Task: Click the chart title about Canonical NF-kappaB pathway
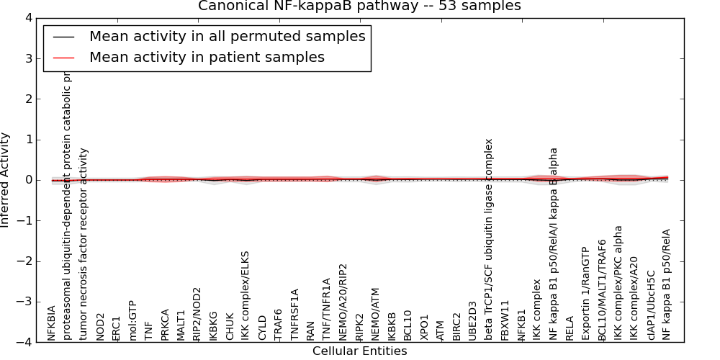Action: click(x=360, y=6)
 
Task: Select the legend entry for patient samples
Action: click(x=207, y=57)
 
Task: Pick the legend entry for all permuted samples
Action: click(x=227, y=36)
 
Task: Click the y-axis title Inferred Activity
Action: click(x=6, y=180)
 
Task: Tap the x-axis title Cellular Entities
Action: click(x=359, y=351)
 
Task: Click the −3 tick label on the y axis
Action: click(x=32, y=302)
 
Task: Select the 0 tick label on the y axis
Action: click(x=37, y=180)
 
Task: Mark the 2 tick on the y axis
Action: click(x=37, y=99)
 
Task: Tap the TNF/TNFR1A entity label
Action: click(x=326, y=309)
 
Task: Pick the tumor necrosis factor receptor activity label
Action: click(x=84, y=244)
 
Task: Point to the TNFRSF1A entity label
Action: click(x=294, y=314)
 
